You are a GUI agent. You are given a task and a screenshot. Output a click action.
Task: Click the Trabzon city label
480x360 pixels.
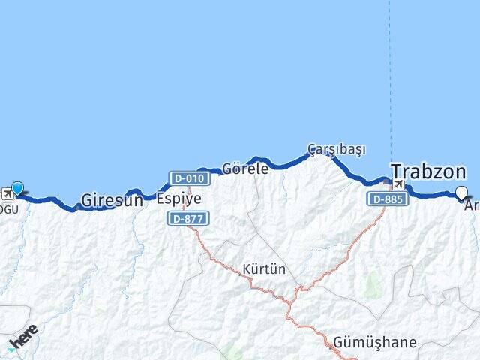[428, 172]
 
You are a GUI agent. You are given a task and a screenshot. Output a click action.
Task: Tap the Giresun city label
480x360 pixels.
[111, 200]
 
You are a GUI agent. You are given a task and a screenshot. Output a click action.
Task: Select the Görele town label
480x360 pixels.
[245, 169]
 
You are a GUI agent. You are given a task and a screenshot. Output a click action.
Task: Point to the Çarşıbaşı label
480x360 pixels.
[336, 149]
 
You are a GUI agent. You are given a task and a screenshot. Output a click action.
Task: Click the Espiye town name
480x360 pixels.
[178, 200]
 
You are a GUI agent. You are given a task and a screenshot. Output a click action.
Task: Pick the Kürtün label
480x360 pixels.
[264, 269]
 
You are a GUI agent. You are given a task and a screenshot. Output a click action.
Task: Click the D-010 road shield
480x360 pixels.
[187, 178]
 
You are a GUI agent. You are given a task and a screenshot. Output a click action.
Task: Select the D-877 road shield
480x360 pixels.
[187, 218]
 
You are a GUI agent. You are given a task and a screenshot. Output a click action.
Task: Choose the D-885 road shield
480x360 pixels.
[386, 199]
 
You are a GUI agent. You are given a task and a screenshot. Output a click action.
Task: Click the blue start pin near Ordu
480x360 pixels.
[17, 190]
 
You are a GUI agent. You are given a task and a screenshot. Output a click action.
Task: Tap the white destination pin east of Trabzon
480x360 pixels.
[461, 193]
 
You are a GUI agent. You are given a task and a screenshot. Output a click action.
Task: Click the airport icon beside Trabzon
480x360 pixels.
[398, 185]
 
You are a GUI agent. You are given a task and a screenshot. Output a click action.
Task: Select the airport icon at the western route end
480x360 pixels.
[7, 193]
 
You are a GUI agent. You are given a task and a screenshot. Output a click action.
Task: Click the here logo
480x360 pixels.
[23, 337]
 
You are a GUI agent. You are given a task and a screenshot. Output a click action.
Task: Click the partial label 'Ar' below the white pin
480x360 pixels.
[471, 205]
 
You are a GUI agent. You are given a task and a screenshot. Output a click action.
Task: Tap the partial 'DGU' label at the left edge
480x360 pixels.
[9, 208]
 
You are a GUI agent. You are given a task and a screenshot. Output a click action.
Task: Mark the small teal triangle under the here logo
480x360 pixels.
[11, 348]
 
